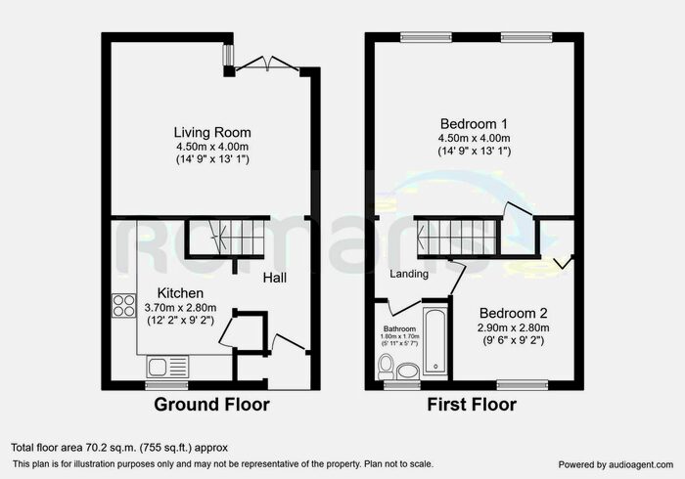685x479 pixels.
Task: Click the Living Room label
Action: [212, 133]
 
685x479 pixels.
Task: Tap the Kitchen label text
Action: [180, 293]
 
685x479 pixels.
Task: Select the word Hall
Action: [274, 279]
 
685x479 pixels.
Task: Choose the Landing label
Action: [411, 275]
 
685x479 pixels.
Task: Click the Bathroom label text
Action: [399, 328]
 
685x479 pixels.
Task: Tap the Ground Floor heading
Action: [212, 404]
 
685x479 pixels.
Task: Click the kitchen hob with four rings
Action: [124, 305]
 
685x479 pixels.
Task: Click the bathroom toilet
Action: [387, 368]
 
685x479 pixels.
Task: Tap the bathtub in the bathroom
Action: [435, 350]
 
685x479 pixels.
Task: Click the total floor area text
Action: [119, 448]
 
